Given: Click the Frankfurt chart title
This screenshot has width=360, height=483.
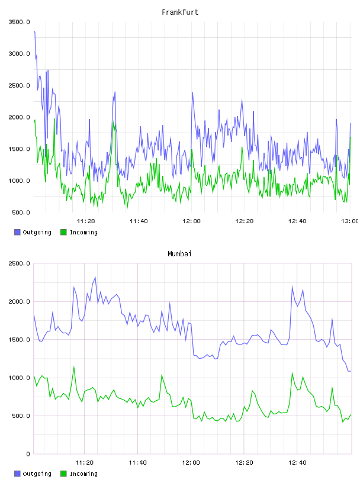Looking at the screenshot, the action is [180, 12].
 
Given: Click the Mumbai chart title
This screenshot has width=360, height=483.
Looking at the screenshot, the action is [179, 254].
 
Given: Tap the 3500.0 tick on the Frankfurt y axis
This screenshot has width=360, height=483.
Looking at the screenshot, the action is [19, 22].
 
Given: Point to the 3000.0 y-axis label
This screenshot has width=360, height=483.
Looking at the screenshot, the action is [19, 54].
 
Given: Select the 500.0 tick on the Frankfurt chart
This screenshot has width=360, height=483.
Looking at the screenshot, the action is [21, 212].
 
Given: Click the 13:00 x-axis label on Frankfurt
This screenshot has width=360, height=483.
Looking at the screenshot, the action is [350, 221].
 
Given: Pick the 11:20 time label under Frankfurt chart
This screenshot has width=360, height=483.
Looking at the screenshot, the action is [86, 221].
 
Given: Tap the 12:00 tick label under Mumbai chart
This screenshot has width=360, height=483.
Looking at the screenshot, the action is [191, 462].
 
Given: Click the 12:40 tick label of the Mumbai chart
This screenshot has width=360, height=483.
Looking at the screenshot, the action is [297, 462].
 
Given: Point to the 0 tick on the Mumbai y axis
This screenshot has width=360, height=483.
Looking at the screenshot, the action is [28, 454].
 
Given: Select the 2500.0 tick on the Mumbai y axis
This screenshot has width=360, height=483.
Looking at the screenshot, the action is [19, 263].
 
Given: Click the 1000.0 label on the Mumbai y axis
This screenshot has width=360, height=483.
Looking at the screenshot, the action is [19, 378].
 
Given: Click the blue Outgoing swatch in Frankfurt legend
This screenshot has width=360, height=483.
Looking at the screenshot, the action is [17, 232].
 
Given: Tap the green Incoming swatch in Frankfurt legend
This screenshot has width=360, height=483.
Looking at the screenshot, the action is [63, 232].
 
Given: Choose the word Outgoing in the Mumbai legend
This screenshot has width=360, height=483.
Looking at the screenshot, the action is [37, 474].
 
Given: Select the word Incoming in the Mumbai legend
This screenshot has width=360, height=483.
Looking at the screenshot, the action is [83, 474].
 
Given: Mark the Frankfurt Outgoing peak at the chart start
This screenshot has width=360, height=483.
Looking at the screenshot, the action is [34, 31].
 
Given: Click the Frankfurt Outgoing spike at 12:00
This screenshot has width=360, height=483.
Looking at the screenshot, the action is [192, 93].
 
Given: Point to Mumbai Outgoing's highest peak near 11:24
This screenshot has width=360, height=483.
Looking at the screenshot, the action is [95, 277].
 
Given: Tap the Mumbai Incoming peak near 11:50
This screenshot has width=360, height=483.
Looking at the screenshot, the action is [162, 375].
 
